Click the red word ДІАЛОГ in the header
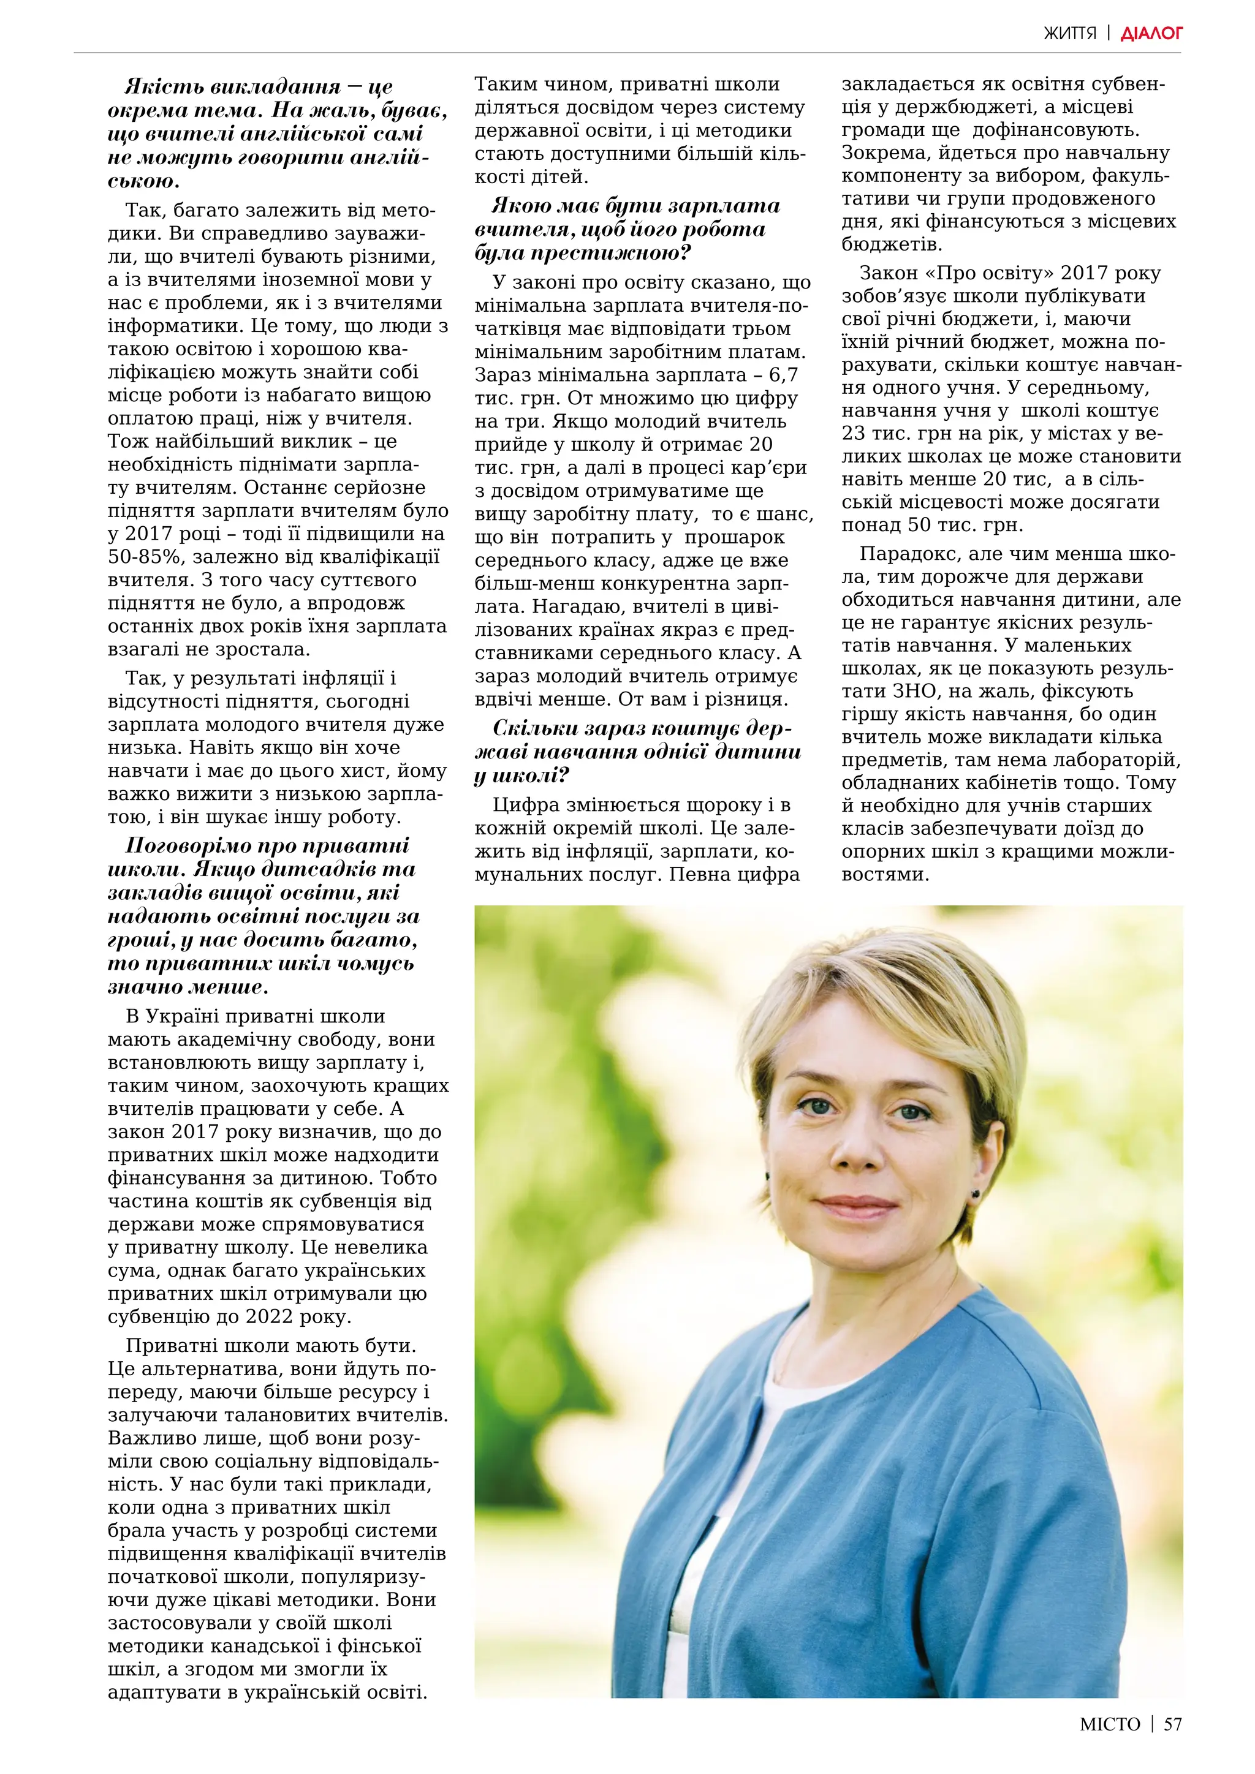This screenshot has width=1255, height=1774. coord(1151,33)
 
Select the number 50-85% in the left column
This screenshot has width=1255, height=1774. coord(147,557)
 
